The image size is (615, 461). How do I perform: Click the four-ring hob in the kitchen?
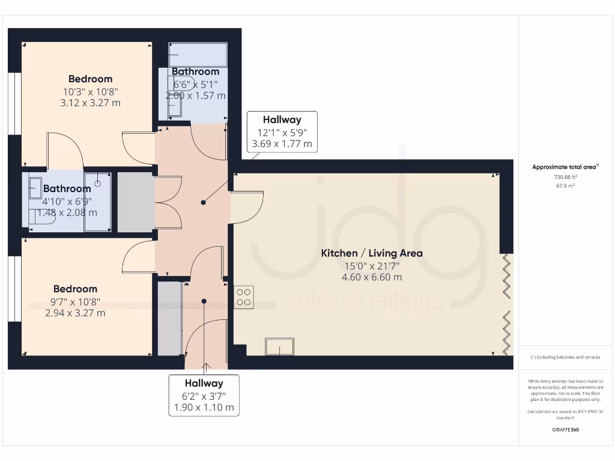[244, 297]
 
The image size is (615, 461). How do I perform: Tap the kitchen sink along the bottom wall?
[280, 346]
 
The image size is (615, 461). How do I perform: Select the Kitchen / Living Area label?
[372, 253]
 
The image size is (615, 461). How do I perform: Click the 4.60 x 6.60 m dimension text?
[372, 277]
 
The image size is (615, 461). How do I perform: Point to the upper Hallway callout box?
[282, 131]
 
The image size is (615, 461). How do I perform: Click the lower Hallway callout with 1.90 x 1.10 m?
[204, 396]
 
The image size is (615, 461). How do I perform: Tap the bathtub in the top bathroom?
[198, 55]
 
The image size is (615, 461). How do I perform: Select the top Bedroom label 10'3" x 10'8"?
[90, 91]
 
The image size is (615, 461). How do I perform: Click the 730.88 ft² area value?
[565, 177]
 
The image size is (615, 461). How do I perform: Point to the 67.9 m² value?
[565, 185]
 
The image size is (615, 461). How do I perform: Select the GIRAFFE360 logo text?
[565, 430]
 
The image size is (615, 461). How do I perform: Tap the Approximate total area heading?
[565, 167]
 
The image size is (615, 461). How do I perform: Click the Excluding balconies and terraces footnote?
[565, 357]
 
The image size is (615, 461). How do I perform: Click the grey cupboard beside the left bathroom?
[135, 202]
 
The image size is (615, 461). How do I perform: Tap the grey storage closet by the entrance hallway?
[169, 318]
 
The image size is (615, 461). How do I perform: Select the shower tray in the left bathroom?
[97, 201]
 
